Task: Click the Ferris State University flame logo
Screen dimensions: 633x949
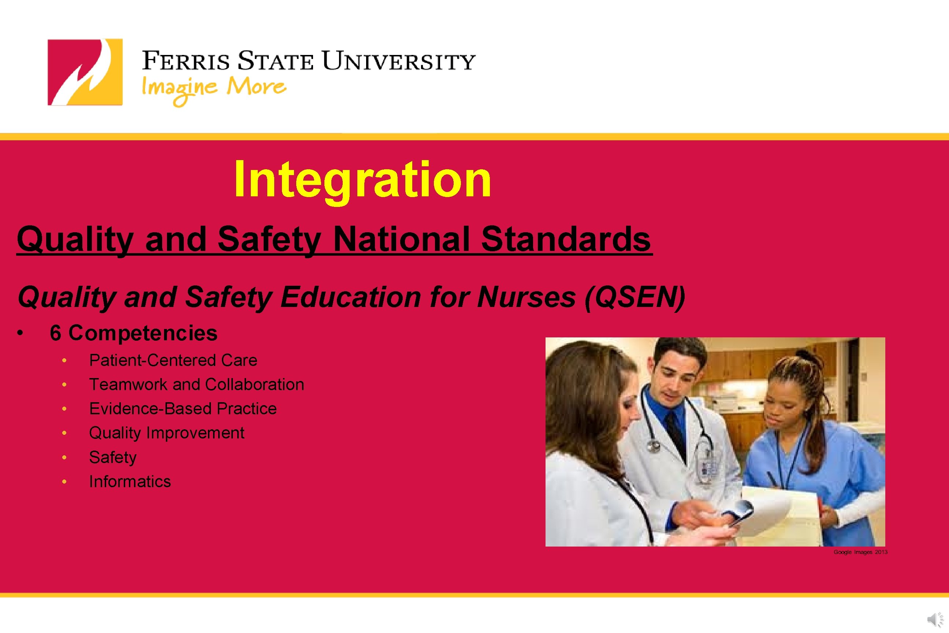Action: [x=85, y=72]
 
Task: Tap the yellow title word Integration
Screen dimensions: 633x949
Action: [x=362, y=179]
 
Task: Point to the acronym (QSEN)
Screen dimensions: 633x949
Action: [x=635, y=297]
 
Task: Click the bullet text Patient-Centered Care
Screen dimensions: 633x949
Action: [x=173, y=360]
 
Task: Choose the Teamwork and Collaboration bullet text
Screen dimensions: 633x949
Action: [x=197, y=384]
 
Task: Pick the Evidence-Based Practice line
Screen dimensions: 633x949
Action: [x=183, y=408]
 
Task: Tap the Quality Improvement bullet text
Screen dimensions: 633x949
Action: [x=167, y=433]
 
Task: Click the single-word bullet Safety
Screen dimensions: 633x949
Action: [x=112, y=458]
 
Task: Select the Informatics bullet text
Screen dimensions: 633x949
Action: [x=130, y=482]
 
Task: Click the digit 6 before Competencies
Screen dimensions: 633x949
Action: [x=55, y=333]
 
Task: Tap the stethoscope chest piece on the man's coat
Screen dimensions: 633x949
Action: [x=653, y=446]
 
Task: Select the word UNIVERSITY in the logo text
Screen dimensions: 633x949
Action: [x=399, y=62]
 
